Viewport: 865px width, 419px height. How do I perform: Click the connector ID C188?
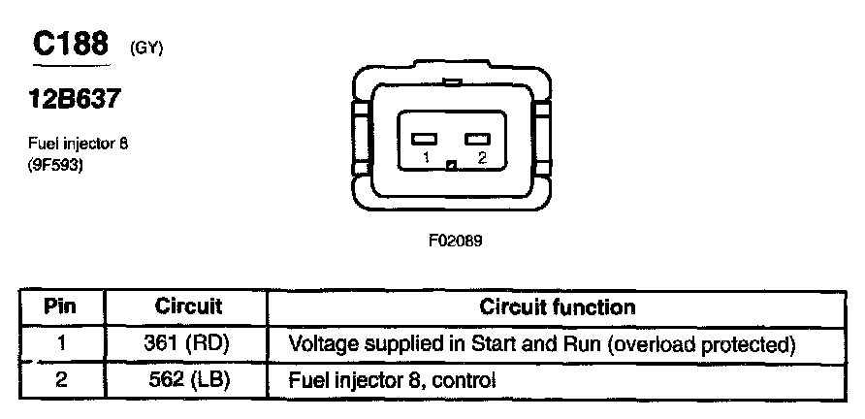click(69, 45)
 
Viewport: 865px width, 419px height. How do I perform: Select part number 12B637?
click(78, 100)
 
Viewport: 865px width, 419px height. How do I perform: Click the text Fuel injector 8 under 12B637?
click(77, 145)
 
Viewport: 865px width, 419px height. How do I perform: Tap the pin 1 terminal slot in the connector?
click(424, 139)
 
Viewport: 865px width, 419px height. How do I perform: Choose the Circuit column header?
click(188, 307)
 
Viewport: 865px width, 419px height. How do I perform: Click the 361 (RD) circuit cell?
click(188, 344)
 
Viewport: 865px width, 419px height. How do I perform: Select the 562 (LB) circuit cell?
click(188, 379)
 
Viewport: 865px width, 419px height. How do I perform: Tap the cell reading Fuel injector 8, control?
click(393, 380)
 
